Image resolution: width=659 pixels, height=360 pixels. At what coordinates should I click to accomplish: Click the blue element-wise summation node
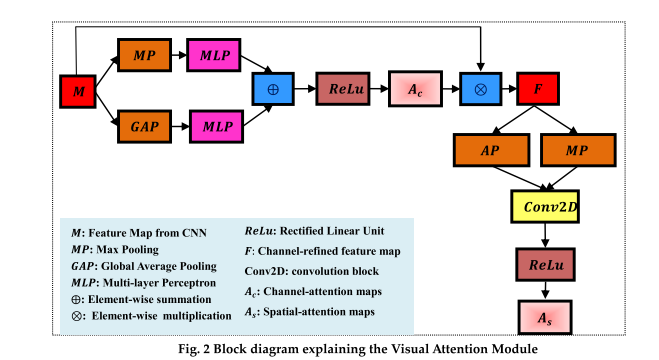(271, 91)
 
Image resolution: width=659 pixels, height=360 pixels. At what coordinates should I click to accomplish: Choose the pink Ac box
(414, 91)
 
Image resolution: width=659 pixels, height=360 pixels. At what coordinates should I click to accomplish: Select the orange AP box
(490, 151)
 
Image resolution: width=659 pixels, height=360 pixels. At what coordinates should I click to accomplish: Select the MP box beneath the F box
(578, 151)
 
